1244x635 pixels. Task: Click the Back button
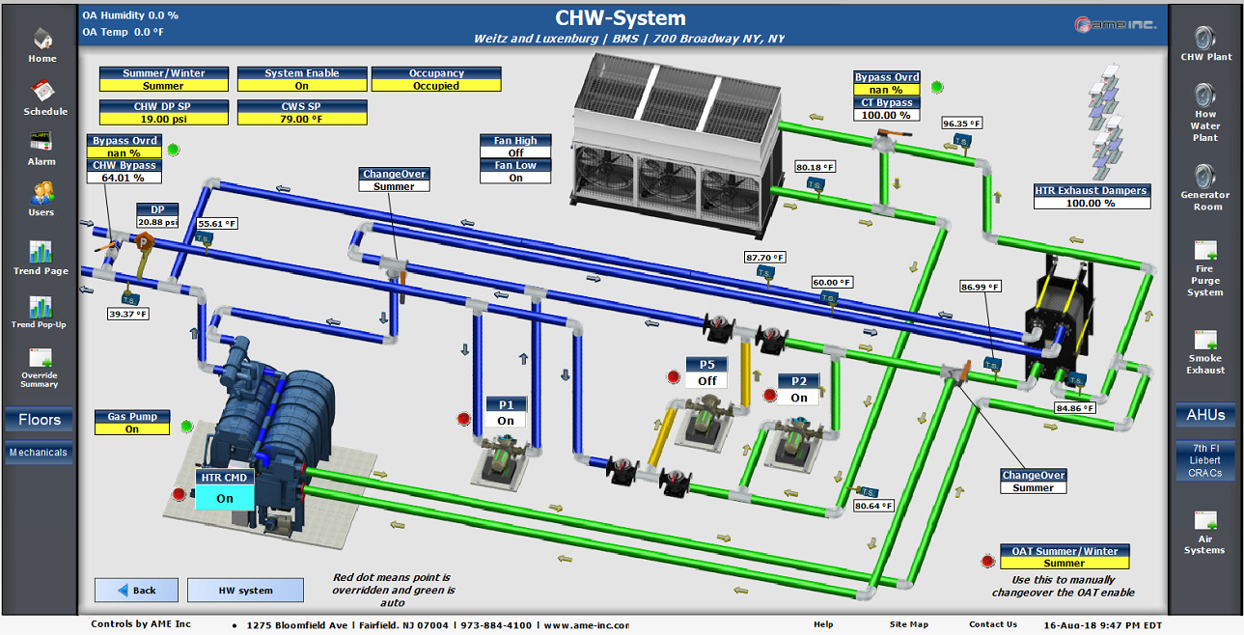[136, 590]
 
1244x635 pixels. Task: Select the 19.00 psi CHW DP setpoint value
[164, 119]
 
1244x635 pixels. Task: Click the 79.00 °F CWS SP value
[302, 119]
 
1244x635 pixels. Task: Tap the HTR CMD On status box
[225, 498]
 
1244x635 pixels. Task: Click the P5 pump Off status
[707, 380]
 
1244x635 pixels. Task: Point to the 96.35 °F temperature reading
[961, 124]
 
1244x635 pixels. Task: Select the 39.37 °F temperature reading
[127, 314]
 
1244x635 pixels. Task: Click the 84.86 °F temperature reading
[1074, 408]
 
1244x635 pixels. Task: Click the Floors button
[40, 420]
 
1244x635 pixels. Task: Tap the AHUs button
[1205, 415]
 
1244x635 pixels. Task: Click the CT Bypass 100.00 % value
[886, 115]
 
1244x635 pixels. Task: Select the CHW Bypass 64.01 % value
[123, 178]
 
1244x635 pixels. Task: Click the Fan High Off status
[515, 152]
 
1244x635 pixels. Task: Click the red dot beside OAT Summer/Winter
[987, 561]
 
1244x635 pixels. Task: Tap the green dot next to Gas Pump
[187, 426]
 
